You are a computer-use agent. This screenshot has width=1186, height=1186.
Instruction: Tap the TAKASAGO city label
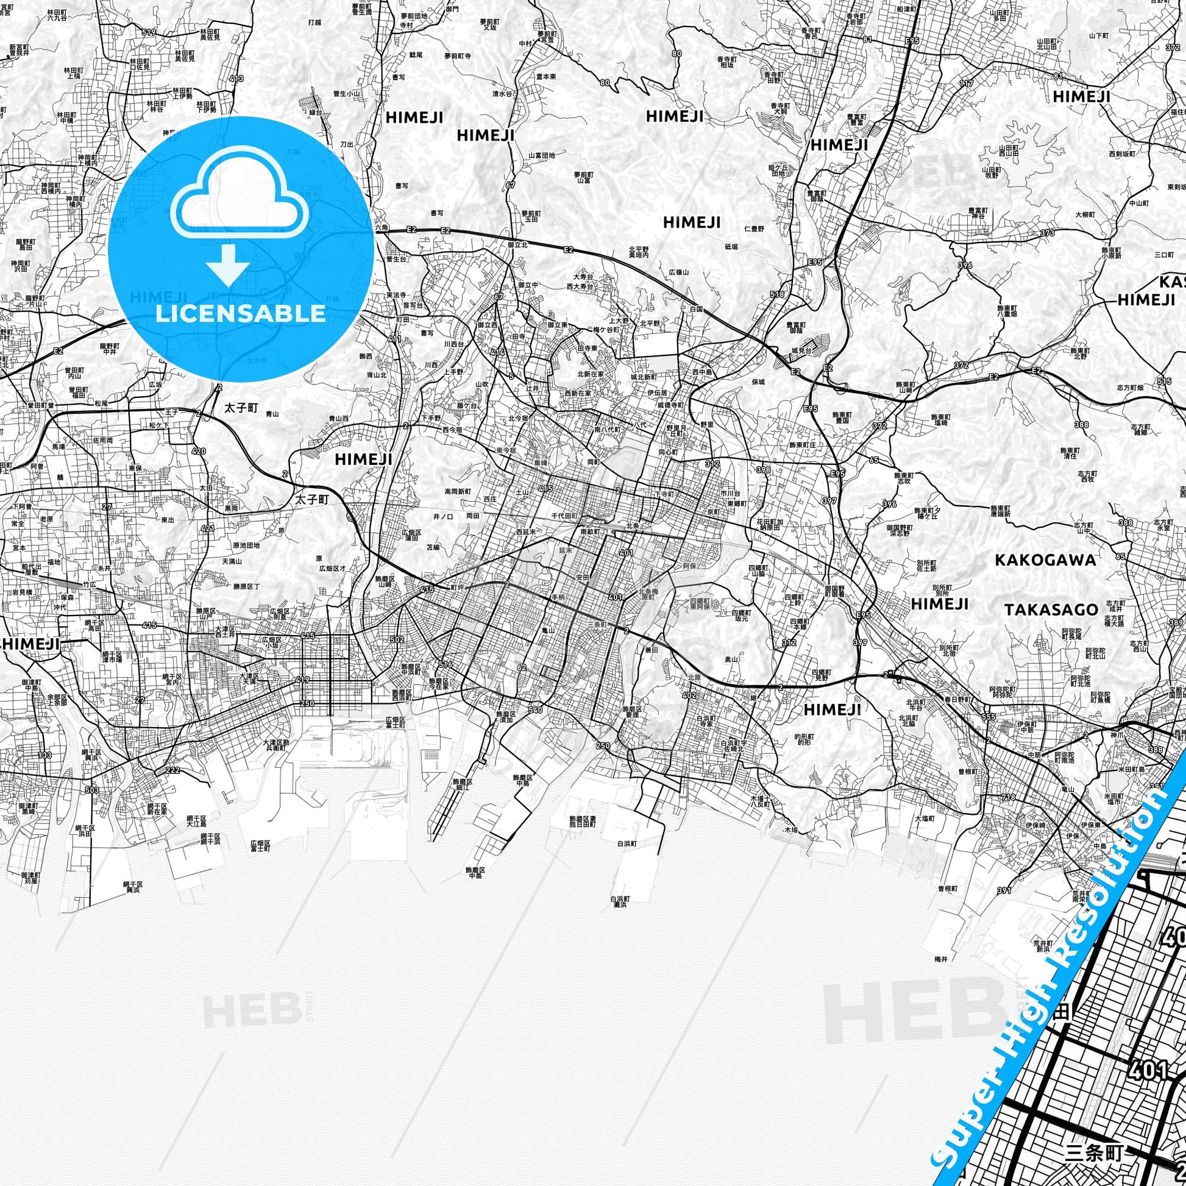pyautogui.click(x=1051, y=609)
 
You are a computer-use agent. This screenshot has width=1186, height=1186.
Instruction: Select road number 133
pyautogui.click(x=44, y=755)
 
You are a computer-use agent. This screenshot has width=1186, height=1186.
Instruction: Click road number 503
pyautogui.click(x=92, y=789)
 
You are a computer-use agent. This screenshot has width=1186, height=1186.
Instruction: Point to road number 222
pyautogui.click(x=172, y=770)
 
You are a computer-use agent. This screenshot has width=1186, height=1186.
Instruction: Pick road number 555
pyautogui.click(x=988, y=717)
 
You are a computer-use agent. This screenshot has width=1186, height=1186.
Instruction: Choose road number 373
pyautogui.click(x=1047, y=233)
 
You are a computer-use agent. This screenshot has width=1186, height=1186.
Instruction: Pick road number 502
pyautogui.click(x=397, y=640)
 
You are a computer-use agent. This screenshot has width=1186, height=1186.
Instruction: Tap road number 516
pyautogui.click(x=446, y=664)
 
